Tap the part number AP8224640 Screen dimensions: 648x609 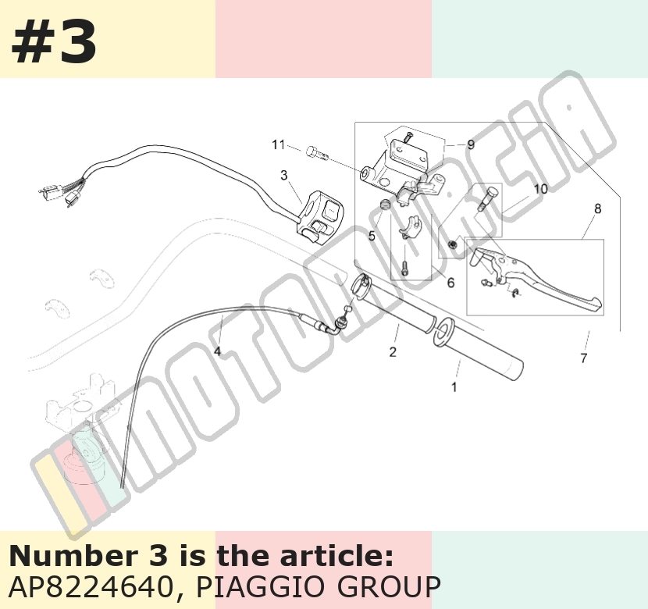[90, 586]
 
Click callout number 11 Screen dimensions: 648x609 [278, 145]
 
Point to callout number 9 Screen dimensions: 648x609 [471, 144]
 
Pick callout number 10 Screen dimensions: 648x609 [540, 189]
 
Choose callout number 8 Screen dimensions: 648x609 [597, 208]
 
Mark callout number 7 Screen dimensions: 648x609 [583, 358]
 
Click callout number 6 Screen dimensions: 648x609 [451, 283]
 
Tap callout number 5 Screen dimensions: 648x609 [372, 236]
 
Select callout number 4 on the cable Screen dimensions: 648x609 [217, 351]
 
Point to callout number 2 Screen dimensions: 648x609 [393, 352]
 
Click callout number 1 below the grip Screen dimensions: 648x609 [454, 387]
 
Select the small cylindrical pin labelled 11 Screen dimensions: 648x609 [317, 153]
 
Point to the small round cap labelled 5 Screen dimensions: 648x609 [385, 204]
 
